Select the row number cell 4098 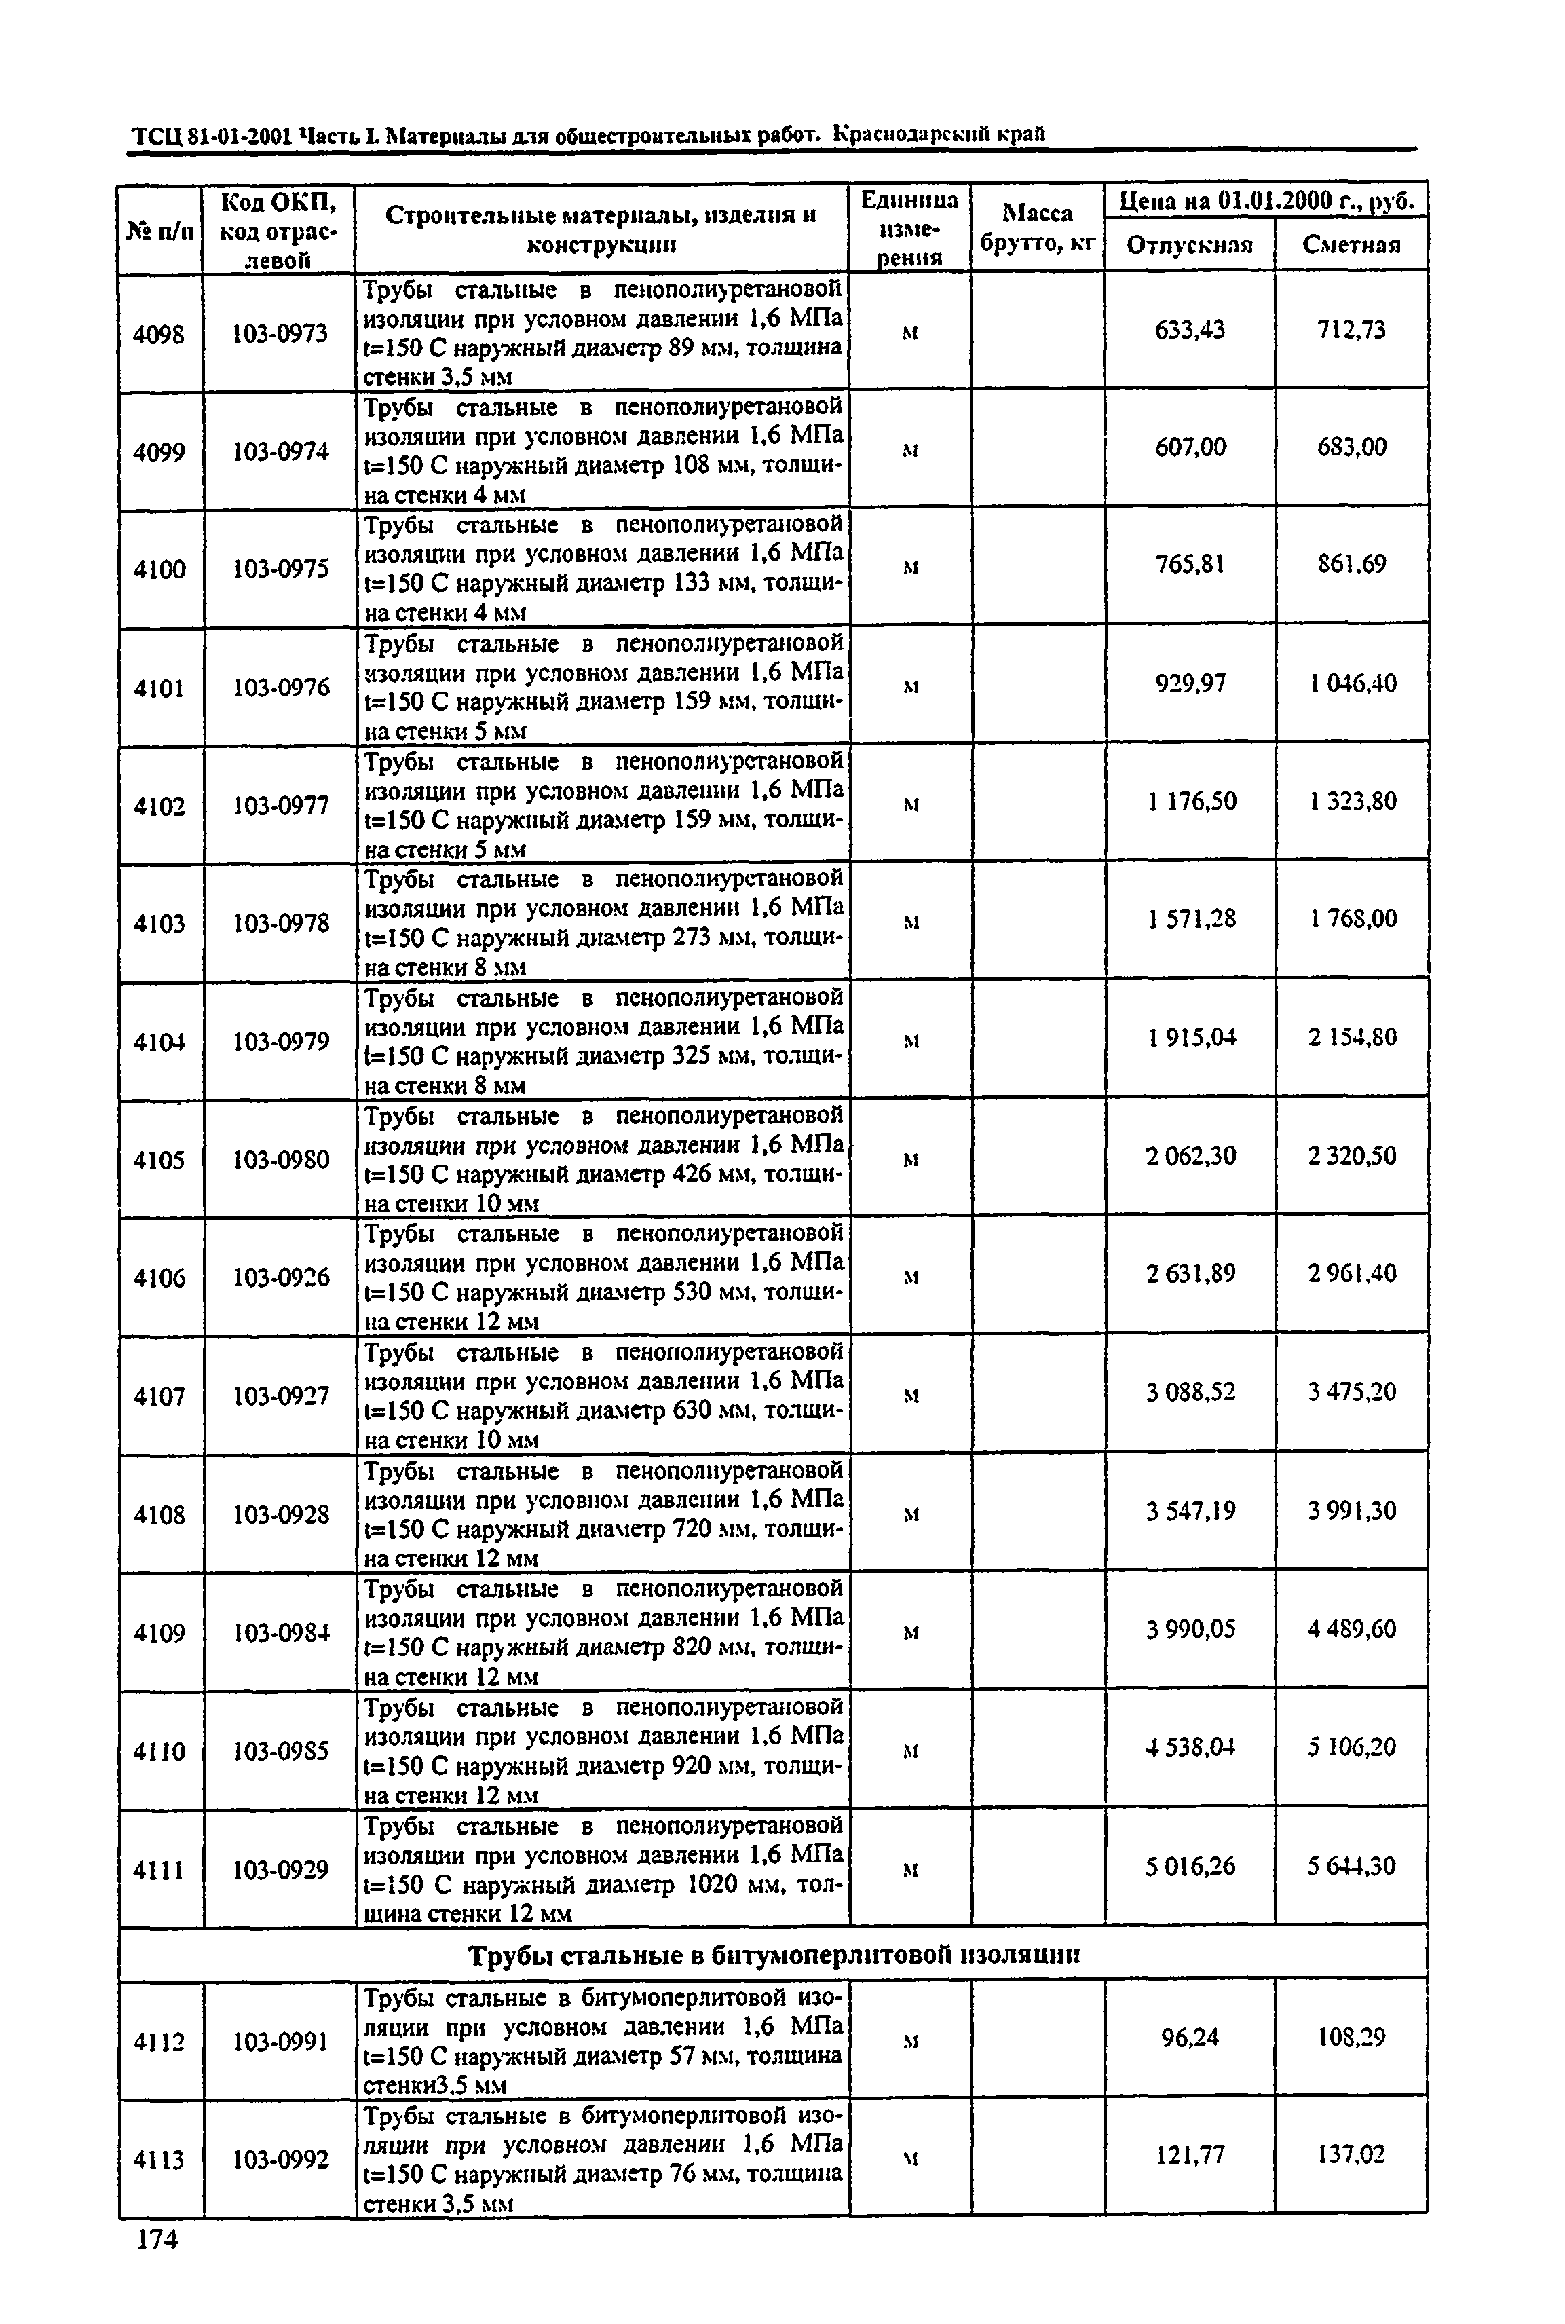pos(159,333)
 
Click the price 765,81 pos(1190,565)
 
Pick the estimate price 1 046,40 pos(1353,683)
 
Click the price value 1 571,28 pos(1191,918)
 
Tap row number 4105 pos(159,1160)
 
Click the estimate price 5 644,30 pos(1353,1866)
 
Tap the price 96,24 pos(1190,2038)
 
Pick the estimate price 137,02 pos(1353,2155)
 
